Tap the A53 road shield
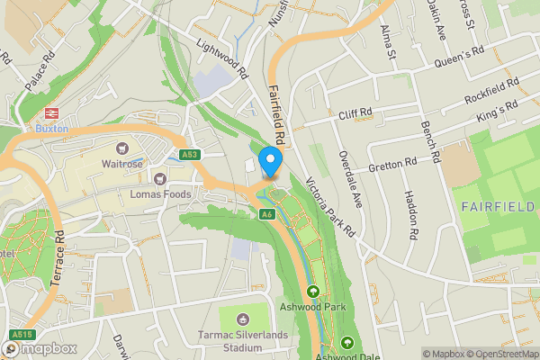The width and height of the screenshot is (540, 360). (x=188, y=155)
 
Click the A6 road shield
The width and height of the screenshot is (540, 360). (x=267, y=214)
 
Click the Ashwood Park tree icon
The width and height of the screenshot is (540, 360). (x=313, y=291)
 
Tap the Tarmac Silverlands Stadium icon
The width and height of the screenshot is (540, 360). (x=241, y=319)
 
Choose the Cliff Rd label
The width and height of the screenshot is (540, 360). (x=355, y=113)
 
